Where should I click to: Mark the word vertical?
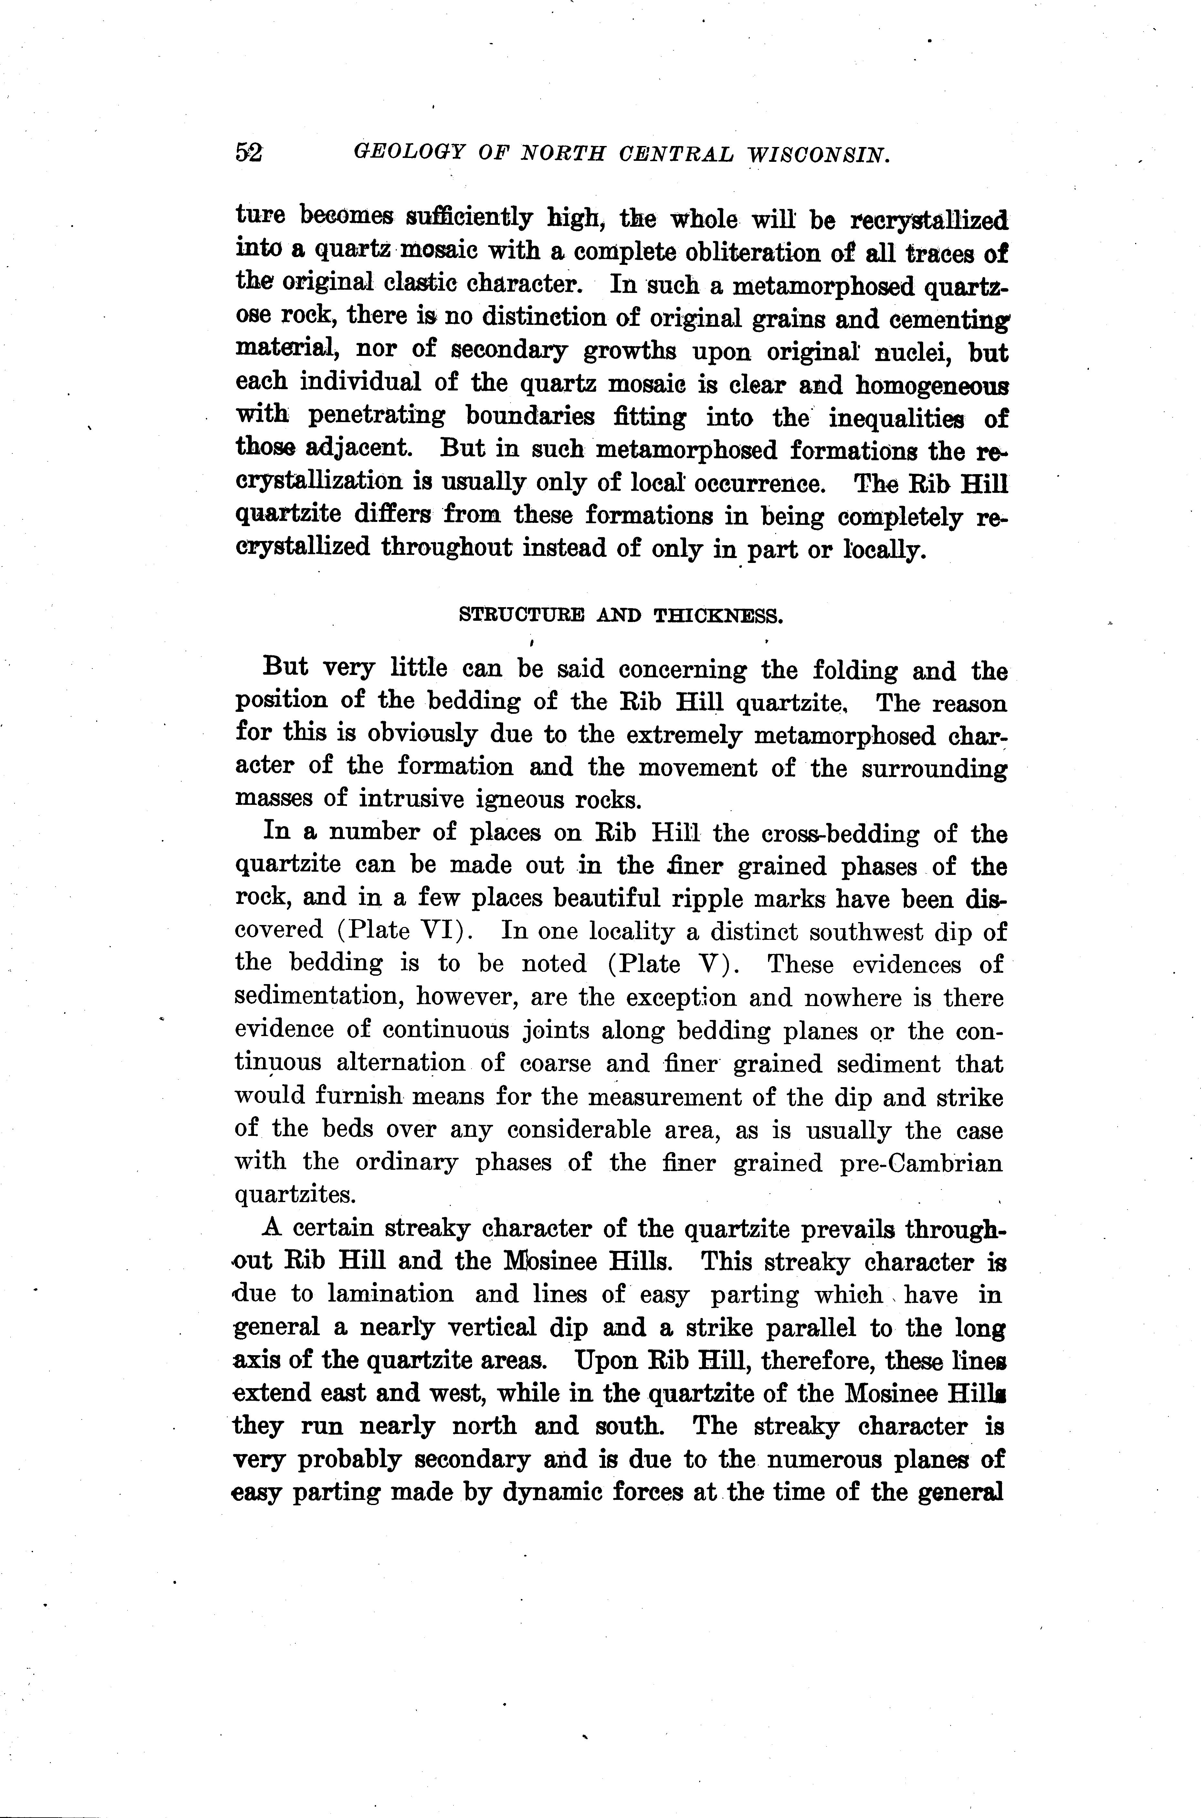pyautogui.click(x=504, y=1327)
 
